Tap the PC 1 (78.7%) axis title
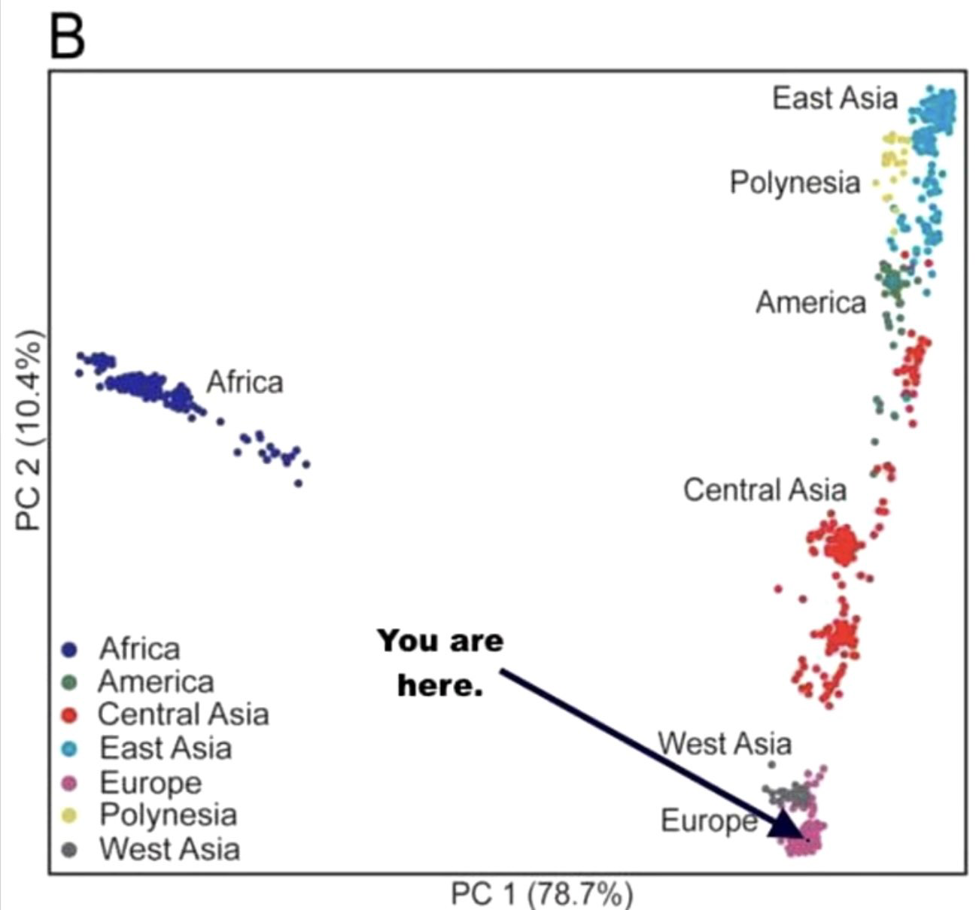(x=542, y=893)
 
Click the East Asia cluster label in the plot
(x=835, y=98)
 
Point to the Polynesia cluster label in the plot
(x=795, y=184)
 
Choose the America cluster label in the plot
(x=811, y=302)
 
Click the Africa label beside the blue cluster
(x=245, y=382)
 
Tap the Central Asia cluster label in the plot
(x=765, y=490)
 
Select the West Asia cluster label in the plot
(x=725, y=743)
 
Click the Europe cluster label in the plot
(x=709, y=821)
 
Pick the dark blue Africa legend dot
(x=70, y=651)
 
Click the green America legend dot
(x=70, y=682)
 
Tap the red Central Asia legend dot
(x=70, y=715)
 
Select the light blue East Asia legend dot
(x=70, y=749)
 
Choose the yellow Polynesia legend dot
(x=70, y=816)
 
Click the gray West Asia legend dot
(x=70, y=850)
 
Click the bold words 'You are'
(x=441, y=641)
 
